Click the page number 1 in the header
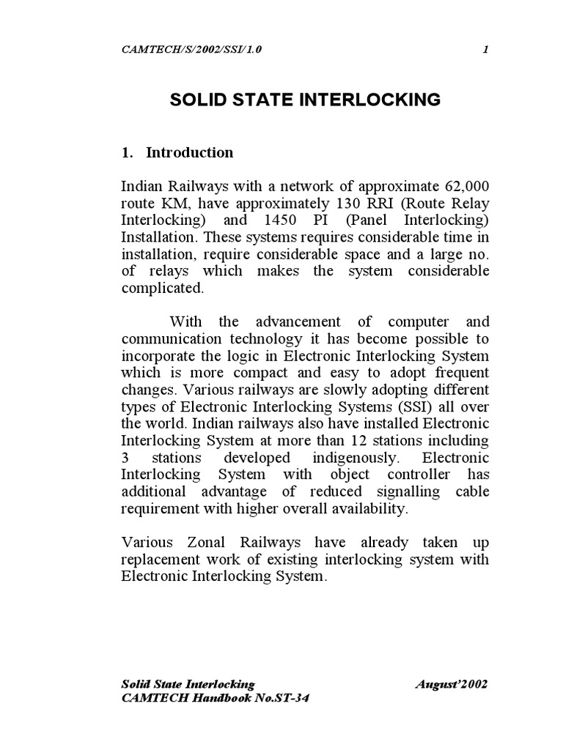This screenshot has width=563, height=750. click(485, 49)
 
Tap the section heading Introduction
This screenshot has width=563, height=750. click(189, 153)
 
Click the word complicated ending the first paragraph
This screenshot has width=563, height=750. click(160, 288)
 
